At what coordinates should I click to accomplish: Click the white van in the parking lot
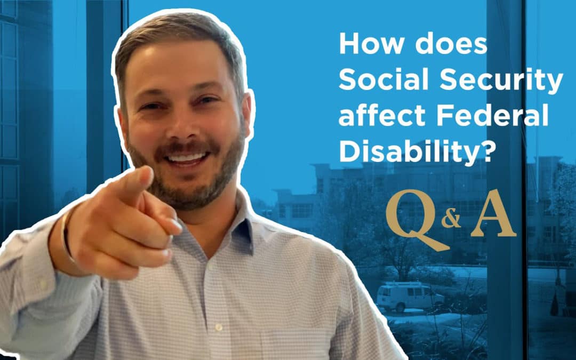[x=408, y=297]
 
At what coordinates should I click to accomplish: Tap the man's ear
[x=247, y=115]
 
